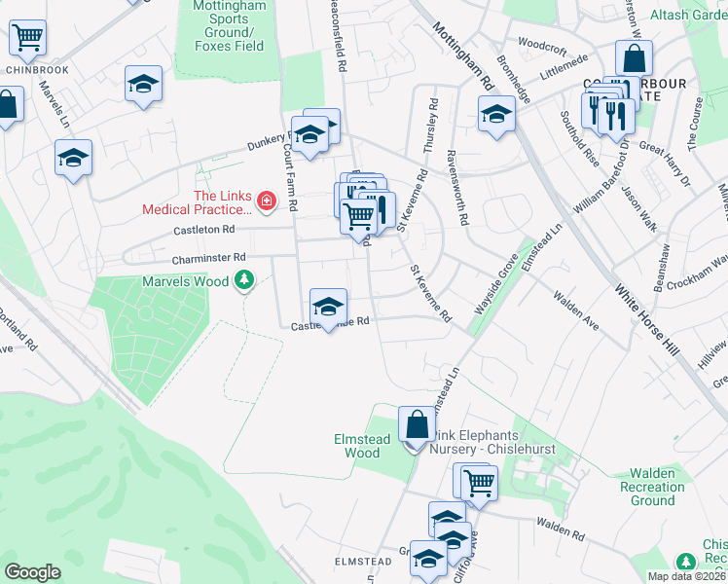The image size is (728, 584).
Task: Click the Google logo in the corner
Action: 32,572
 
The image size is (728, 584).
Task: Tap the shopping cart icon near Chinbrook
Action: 27,39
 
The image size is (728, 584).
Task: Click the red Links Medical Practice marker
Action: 266,202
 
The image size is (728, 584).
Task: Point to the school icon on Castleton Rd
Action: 328,307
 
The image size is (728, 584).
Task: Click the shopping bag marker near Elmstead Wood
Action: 417,425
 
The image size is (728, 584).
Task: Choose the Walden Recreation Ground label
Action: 652,487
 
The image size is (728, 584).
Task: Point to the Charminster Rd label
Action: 204,260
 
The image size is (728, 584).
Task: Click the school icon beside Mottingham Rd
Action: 496,115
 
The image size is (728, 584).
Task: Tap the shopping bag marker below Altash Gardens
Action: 634,57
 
